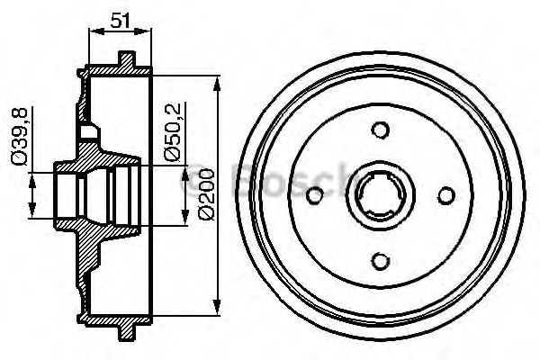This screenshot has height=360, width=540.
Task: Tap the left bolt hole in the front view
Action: [x=315, y=197]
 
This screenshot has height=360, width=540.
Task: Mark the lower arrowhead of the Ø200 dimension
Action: [x=217, y=309]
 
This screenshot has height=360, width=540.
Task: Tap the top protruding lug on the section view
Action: [x=127, y=60]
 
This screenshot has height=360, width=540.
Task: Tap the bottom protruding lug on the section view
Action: [x=127, y=334]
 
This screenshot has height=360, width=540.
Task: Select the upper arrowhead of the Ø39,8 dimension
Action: [x=33, y=176]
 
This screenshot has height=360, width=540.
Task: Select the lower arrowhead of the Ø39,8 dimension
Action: [x=33, y=217]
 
